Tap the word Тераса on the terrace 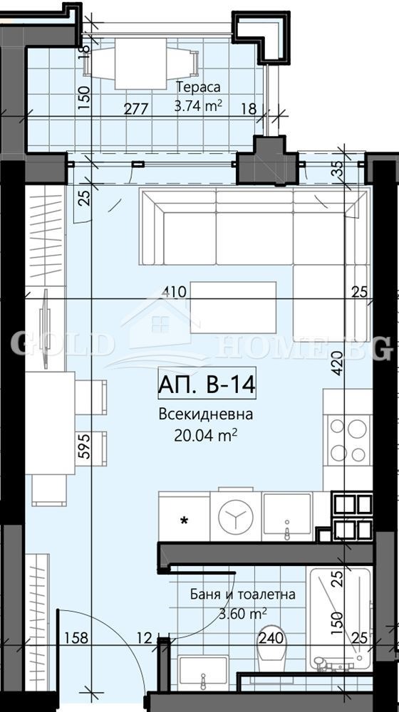(x=198, y=88)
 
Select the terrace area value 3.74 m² (x=198, y=106)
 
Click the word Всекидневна (x=206, y=415)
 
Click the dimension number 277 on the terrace (x=135, y=110)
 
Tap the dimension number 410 (x=174, y=291)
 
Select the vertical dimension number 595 (x=83, y=449)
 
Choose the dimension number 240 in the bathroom (x=271, y=637)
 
